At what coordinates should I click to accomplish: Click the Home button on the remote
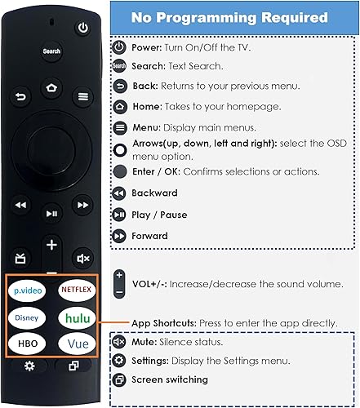(x=53, y=87)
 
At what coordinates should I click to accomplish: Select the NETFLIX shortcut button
(x=74, y=289)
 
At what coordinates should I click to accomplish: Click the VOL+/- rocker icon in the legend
(x=119, y=283)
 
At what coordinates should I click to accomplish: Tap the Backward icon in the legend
(x=119, y=193)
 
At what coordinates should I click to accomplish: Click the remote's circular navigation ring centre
(x=52, y=155)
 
